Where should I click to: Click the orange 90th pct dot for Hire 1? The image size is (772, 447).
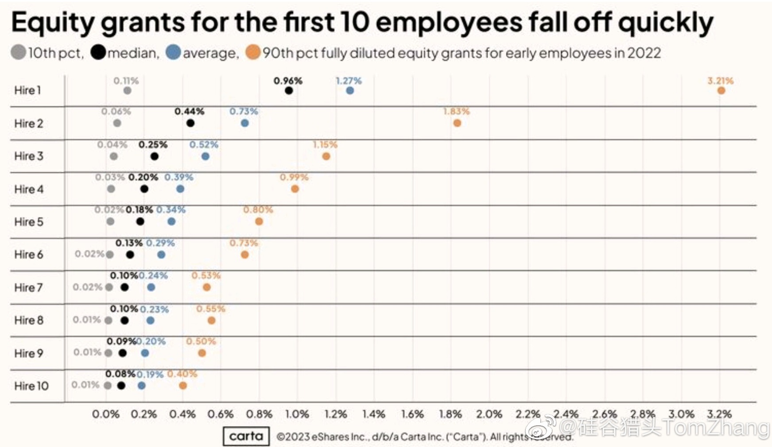(x=721, y=91)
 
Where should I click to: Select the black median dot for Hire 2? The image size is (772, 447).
(x=190, y=123)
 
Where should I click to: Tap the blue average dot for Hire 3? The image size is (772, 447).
(x=205, y=156)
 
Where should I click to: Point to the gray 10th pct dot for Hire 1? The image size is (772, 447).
(x=127, y=91)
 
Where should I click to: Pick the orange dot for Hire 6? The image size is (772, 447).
(x=244, y=255)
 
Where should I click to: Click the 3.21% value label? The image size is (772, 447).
(x=720, y=81)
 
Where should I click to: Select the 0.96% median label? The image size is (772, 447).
(x=288, y=81)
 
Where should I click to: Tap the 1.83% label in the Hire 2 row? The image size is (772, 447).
(x=456, y=112)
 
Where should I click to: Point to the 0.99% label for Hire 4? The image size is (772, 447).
(x=294, y=177)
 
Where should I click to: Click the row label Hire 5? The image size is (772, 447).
(x=29, y=222)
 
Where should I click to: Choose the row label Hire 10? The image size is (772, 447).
(x=31, y=386)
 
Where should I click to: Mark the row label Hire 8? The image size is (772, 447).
(x=29, y=320)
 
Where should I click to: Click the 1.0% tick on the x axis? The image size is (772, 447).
(x=297, y=415)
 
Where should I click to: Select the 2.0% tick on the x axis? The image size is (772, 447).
(x=489, y=415)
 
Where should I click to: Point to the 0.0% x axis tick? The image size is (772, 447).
(x=106, y=415)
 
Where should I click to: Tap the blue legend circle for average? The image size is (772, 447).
(x=173, y=53)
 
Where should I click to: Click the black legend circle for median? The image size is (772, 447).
(x=98, y=53)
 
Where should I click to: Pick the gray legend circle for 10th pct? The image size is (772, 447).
(x=18, y=53)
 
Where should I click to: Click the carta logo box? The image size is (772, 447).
(x=246, y=436)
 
